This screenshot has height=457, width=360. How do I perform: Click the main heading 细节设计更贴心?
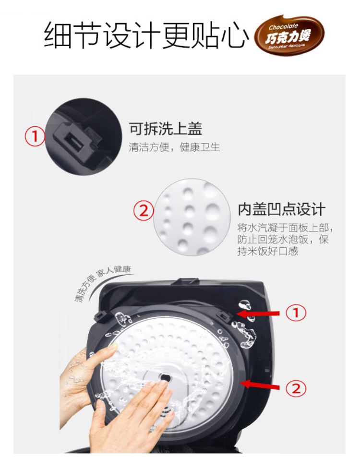[146, 35]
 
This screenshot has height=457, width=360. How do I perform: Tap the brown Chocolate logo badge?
[289, 36]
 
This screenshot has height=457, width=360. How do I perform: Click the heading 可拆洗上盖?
[166, 129]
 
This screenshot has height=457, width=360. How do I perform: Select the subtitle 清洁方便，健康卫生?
[174, 147]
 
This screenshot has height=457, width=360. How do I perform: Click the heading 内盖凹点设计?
[282, 209]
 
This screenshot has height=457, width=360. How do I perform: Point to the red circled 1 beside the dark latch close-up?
[35, 136]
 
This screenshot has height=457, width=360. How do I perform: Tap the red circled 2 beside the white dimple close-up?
[144, 210]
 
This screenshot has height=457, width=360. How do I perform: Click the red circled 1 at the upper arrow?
[296, 313]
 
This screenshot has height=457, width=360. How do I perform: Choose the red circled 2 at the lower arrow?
[296, 388]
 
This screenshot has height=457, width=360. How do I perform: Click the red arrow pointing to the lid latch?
[258, 313]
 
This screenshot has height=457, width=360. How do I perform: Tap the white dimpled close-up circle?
[192, 217]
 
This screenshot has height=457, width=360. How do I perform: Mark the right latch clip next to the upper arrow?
[225, 315]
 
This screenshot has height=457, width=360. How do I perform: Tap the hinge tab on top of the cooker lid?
[185, 281]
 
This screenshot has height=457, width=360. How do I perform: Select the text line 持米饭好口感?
[268, 251]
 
